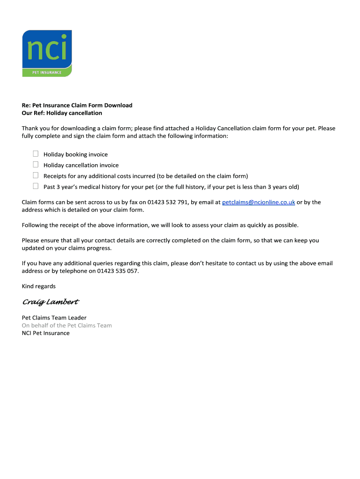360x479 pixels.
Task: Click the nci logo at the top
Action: [x=47, y=49]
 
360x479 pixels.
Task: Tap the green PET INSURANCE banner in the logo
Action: [x=47, y=72]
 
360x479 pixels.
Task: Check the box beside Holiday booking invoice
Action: [x=36, y=154]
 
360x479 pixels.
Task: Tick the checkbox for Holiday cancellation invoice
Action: [x=36, y=165]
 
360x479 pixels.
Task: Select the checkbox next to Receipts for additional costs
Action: [x=36, y=175]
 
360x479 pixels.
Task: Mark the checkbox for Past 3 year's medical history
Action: [x=36, y=186]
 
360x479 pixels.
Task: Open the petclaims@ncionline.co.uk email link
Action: [x=258, y=203]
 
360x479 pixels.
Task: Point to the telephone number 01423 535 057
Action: [x=117, y=271]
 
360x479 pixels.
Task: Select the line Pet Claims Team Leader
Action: [x=54, y=318]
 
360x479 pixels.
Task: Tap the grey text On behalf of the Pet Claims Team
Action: [x=67, y=326]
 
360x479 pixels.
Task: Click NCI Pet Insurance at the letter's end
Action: [x=46, y=334]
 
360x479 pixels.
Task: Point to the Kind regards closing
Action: [x=39, y=286]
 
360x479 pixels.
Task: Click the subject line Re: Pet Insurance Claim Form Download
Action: [x=77, y=106]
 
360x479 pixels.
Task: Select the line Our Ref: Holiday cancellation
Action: [x=62, y=113]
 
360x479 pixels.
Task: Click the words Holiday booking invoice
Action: [x=76, y=154]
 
